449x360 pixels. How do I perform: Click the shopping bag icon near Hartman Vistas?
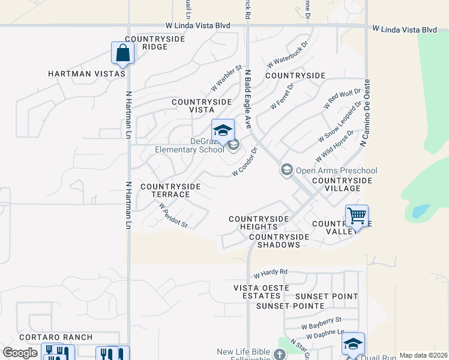(x=122, y=53)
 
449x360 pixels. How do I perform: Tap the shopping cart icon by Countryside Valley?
(x=357, y=215)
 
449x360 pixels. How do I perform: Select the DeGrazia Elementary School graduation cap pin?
(x=222, y=130)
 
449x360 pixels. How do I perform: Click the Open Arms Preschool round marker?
(x=286, y=170)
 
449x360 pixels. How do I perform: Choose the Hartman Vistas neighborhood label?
(x=86, y=74)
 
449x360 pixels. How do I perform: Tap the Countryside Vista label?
(x=202, y=106)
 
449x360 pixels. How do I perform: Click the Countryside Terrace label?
(x=170, y=191)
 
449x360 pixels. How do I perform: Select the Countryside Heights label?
(x=259, y=223)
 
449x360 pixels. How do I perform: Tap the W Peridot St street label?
(x=173, y=215)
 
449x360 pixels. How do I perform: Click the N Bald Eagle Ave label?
(x=247, y=99)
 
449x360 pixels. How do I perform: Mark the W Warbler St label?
(x=226, y=78)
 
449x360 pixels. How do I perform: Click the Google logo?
(x=20, y=353)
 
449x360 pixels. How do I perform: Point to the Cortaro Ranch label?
(x=55, y=338)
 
